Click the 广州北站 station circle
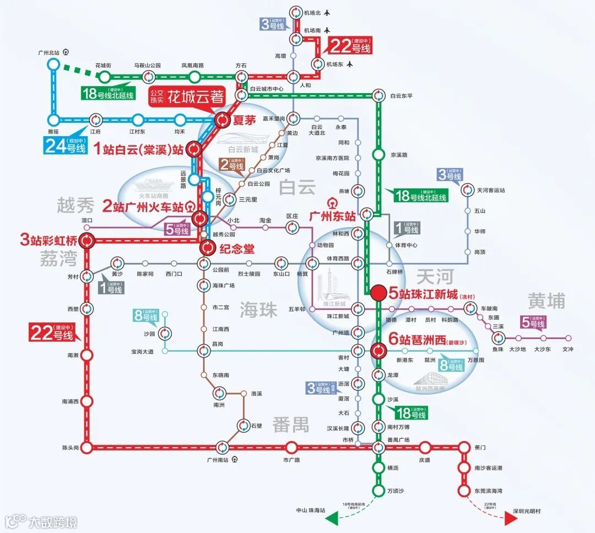(x=53, y=64)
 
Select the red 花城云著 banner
(x=188, y=97)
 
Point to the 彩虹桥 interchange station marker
(x=87, y=241)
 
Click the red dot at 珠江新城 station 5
(x=378, y=293)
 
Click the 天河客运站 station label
(x=490, y=190)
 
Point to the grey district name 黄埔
(x=547, y=301)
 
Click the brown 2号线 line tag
(x=231, y=164)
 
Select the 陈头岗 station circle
(x=87, y=448)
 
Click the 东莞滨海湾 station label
(x=488, y=491)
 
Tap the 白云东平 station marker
(x=378, y=95)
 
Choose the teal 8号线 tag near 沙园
(x=146, y=316)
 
